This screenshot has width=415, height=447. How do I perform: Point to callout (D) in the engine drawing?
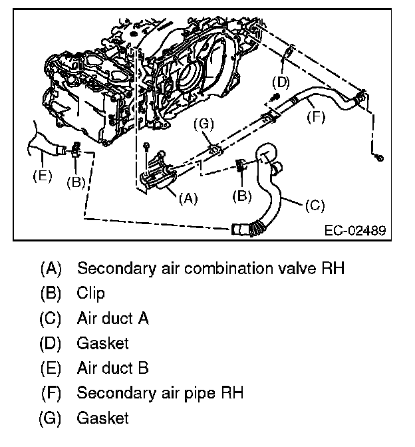pos(281,82)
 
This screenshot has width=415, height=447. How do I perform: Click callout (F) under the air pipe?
pos(317,118)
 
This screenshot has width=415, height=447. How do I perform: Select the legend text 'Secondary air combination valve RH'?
pos(211,269)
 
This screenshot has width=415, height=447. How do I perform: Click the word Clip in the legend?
pos(90,293)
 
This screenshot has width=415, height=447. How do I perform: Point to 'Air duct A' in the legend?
pos(112,318)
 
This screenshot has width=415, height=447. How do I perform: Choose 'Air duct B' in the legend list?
pos(112,369)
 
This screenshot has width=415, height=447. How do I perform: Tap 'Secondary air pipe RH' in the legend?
pos(160,393)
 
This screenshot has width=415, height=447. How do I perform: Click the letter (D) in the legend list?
pos(51,343)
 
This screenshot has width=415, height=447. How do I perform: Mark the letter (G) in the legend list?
pos(51,418)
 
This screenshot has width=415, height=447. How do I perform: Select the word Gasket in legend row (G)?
pos(102,418)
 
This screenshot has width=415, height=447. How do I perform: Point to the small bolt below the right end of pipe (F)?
pos(378,157)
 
